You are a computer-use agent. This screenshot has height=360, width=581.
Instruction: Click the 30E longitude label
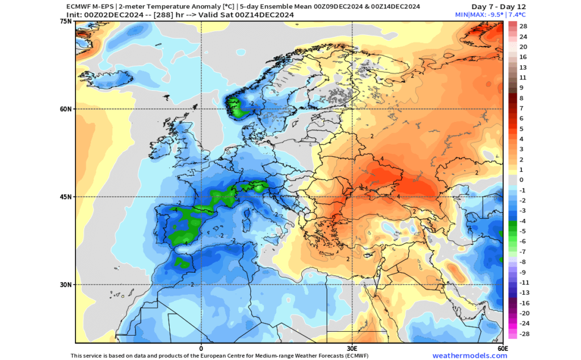tap(351, 348)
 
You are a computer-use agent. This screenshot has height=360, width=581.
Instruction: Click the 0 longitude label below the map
tap(201, 348)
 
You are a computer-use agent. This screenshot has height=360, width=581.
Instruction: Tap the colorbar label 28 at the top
tap(523, 26)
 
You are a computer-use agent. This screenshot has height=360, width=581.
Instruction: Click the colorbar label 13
tap(523, 67)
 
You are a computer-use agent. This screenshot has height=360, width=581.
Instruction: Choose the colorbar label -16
tap(523, 303)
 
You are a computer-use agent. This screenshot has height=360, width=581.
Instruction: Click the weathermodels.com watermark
tap(470, 355)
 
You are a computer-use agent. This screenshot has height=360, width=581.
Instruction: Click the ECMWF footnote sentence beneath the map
tap(207, 355)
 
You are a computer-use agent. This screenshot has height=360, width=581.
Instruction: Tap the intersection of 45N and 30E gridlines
tap(351, 197)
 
